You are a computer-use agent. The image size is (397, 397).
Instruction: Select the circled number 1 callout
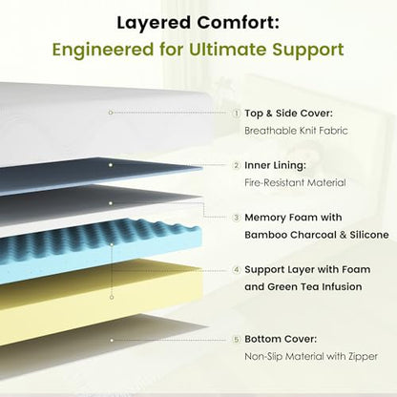click(x=237, y=114)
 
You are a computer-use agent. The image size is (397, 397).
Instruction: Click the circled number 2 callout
click(x=237, y=165)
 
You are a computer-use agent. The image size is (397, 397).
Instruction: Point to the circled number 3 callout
click(x=237, y=218)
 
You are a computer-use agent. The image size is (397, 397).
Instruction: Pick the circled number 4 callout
click(x=237, y=270)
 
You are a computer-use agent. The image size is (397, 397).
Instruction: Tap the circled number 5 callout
click(x=237, y=340)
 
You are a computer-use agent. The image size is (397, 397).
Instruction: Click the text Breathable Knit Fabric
click(x=296, y=131)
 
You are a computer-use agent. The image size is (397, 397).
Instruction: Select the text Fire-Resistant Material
click(x=295, y=182)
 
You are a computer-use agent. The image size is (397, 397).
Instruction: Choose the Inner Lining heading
click(x=275, y=165)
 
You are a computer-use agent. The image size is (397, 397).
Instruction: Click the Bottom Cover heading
click(x=281, y=339)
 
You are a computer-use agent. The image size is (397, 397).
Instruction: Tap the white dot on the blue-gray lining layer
click(x=111, y=165)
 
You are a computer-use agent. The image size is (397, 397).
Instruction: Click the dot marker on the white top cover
click(x=111, y=113)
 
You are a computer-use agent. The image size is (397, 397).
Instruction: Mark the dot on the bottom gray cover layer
click(x=112, y=341)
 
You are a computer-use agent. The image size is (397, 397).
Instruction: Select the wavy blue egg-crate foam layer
click(x=98, y=248)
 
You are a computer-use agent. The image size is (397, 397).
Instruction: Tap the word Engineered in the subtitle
click(x=103, y=51)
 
